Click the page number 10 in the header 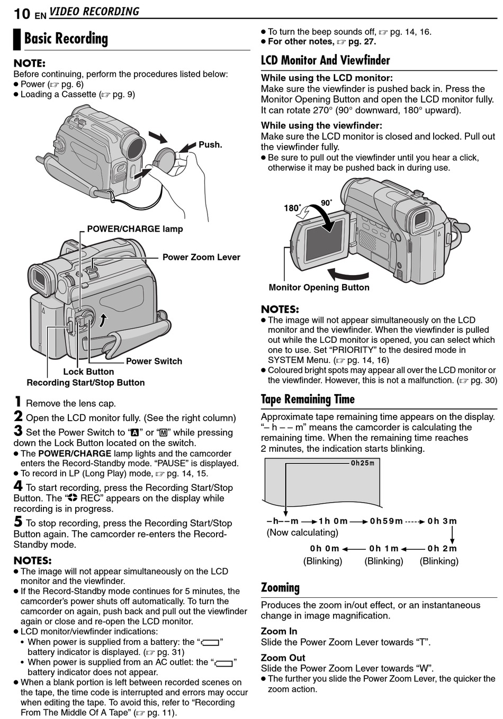(22, 13)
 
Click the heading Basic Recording (66, 39)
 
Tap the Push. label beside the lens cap (210, 145)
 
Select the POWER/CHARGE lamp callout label (134, 229)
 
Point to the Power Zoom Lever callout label (201, 257)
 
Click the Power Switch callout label (154, 361)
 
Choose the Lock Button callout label (88, 372)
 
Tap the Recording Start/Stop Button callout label (86, 383)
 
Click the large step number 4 (18, 486)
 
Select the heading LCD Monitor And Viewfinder (325, 60)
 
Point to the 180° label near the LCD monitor (292, 208)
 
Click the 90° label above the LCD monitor (327, 203)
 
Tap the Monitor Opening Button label (319, 287)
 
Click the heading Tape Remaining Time (308, 399)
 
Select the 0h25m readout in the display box (362, 463)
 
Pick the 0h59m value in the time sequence (386, 521)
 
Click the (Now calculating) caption (302, 532)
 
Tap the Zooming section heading (280, 588)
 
